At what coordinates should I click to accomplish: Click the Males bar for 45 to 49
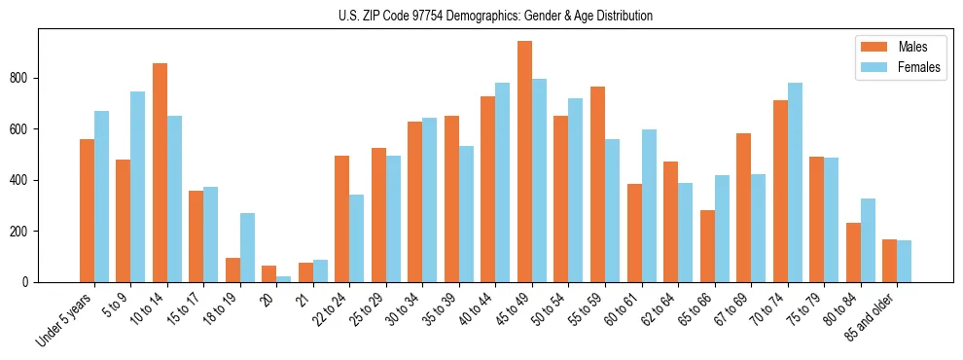click(524, 162)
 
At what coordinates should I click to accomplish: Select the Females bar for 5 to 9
click(138, 187)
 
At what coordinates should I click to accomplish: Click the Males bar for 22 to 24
click(342, 219)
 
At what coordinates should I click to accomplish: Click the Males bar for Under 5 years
click(87, 210)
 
